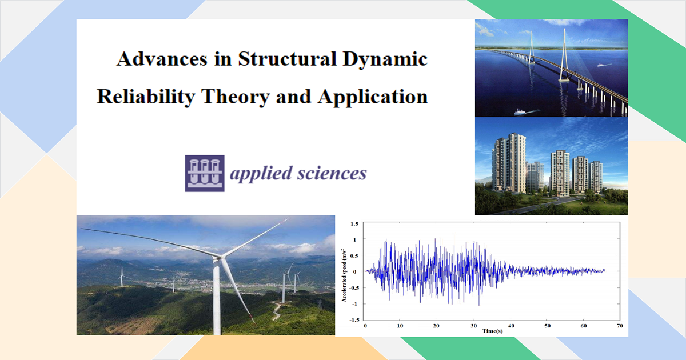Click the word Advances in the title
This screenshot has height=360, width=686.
[x=162, y=59]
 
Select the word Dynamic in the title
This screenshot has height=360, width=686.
[x=385, y=59]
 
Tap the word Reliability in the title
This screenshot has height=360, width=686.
[x=146, y=97]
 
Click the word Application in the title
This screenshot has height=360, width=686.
[x=372, y=97]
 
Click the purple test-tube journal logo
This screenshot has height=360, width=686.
[x=205, y=173]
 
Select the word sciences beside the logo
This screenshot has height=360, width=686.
[x=332, y=173]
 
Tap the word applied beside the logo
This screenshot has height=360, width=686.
[x=261, y=174]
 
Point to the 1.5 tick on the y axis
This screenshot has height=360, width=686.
[x=354, y=224]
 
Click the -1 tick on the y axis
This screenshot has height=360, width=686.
[x=354, y=304]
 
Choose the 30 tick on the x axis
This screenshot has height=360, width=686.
[x=473, y=326]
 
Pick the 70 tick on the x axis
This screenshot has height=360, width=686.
[x=620, y=326]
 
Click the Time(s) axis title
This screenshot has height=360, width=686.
[x=492, y=331]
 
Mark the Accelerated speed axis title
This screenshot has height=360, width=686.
[x=345, y=275]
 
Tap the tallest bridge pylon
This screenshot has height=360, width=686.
[x=564, y=55]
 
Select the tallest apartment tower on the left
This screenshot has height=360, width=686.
[x=509, y=163]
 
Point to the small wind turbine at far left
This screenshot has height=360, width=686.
[x=122, y=277]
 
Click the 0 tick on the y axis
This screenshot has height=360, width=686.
[x=354, y=271]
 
